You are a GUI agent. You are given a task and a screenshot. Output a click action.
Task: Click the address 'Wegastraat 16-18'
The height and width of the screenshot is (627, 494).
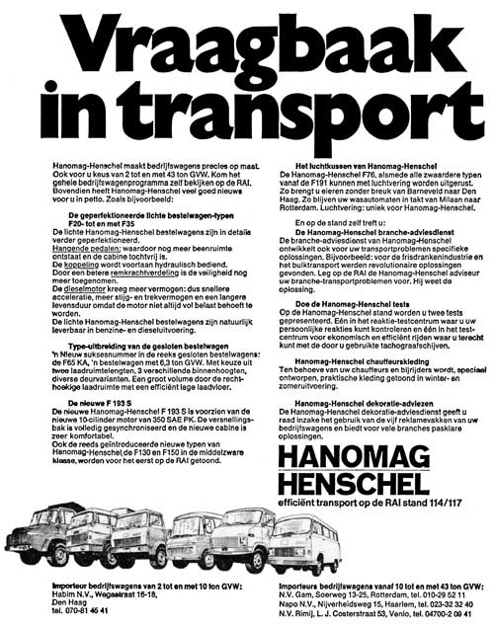pos(116,595)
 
